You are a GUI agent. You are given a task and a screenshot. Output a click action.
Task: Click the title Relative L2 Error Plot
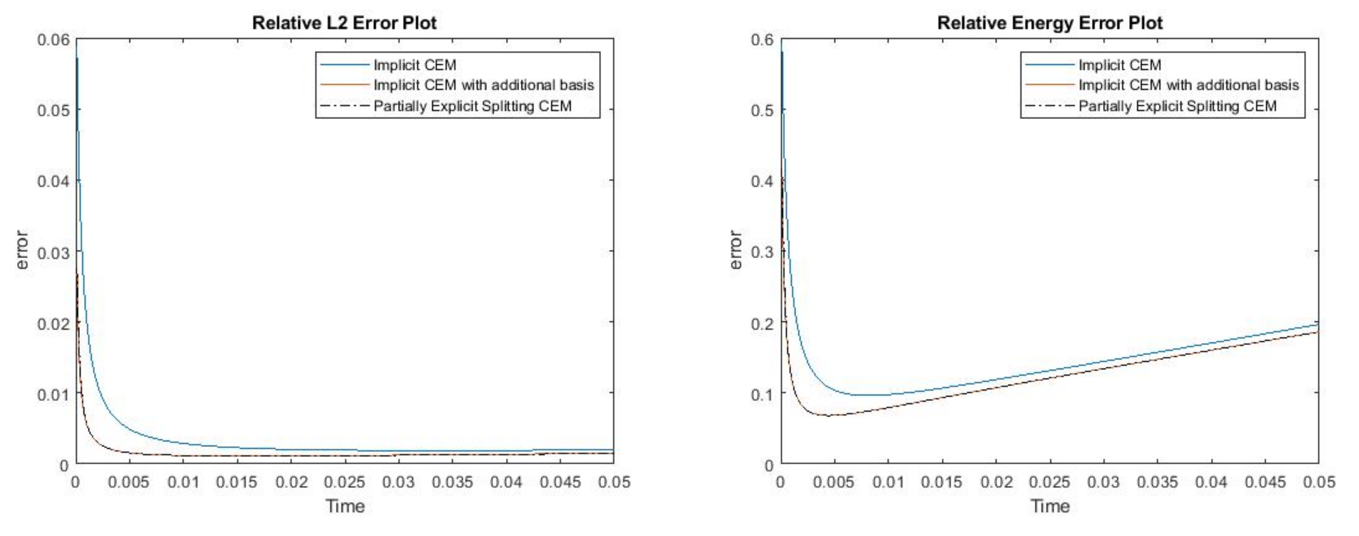pyautogui.click(x=344, y=23)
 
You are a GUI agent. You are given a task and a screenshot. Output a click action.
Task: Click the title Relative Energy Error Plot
pyautogui.click(x=1050, y=23)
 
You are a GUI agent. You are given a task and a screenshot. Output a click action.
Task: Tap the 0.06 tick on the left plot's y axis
pyautogui.click(x=53, y=40)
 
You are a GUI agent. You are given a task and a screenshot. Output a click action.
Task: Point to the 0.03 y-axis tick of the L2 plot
pyautogui.click(x=53, y=252)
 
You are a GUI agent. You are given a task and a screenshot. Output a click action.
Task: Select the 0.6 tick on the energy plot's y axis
pyautogui.click(x=762, y=40)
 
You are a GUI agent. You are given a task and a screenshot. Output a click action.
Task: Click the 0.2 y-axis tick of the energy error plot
pyautogui.click(x=762, y=323)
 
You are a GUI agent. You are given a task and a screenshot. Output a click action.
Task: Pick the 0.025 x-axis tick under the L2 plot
pyautogui.click(x=344, y=482)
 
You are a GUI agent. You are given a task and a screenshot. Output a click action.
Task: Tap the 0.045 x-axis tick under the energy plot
pyautogui.click(x=1264, y=482)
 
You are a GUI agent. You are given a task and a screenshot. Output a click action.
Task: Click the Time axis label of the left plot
pyautogui.click(x=345, y=506)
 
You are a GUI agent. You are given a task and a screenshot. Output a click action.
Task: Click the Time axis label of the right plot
pyautogui.click(x=1050, y=506)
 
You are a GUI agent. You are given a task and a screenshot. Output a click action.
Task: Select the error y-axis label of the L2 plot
pyautogui.click(x=22, y=250)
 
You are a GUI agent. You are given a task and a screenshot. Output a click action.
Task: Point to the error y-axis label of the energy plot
pyautogui.click(x=735, y=250)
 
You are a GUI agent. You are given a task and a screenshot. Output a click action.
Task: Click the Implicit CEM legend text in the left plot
pyautogui.click(x=415, y=65)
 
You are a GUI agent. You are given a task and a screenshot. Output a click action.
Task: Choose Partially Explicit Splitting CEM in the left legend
pyautogui.click(x=472, y=106)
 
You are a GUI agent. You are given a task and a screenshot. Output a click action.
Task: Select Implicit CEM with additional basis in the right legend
pyautogui.click(x=1188, y=85)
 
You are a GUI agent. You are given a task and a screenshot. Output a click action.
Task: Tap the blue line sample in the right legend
pyautogui.click(x=1049, y=65)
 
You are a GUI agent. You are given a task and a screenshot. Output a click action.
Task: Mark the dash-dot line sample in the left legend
pyautogui.click(x=345, y=106)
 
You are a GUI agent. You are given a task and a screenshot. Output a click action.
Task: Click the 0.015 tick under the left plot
pyautogui.click(x=236, y=482)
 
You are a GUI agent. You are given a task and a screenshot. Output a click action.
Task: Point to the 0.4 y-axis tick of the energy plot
pyautogui.click(x=762, y=181)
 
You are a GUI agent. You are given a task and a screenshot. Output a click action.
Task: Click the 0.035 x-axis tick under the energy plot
pyautogui.click(x=1157, y=482)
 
